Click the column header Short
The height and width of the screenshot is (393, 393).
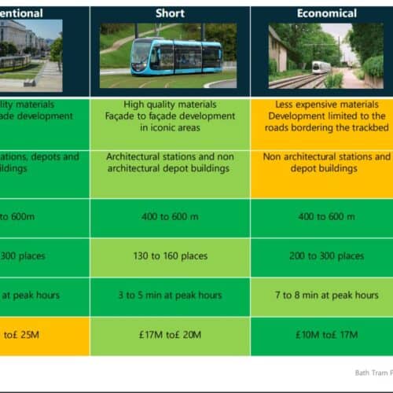(170, 13)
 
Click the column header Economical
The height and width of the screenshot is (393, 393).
(327, 13)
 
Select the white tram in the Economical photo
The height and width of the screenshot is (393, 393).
(321, 67)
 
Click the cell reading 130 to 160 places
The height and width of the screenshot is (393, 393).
(170, 256)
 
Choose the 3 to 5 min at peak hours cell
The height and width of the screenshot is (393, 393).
(170, 296)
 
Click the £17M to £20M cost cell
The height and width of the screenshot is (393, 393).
(170, 336)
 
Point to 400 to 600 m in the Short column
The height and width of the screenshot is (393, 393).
(170, 217)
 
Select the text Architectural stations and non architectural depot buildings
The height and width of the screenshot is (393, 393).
(170, 163)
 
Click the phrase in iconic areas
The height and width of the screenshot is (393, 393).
(170, 128)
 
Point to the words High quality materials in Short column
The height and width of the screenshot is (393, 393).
(170, 104)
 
